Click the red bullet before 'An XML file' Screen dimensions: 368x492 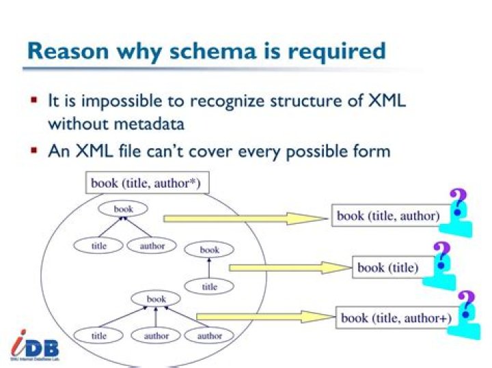click(33, 149)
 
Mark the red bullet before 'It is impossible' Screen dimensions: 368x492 click(33, 100)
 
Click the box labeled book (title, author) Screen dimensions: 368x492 click(387, 216)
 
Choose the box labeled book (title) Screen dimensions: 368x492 click(387, 267)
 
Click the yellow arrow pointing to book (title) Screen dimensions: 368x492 click(290, 268)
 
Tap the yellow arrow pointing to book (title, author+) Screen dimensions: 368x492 click(266, 317)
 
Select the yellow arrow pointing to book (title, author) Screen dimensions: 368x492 click(246, 218)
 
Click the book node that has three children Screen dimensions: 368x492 click(156, 299)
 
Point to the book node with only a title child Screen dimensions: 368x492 click(209, 250)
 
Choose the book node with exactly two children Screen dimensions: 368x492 click(123, 209)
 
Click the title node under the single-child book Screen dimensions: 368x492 click(209, 287)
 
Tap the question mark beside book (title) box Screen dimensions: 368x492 click(442, 256)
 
